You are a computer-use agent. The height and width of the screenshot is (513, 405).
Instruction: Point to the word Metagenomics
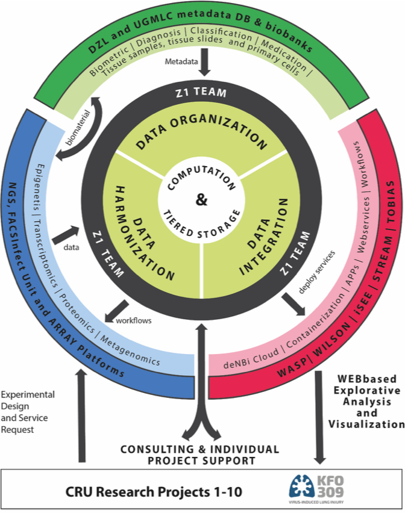(x=131, y=350)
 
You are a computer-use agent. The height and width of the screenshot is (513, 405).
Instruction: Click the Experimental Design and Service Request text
(x=27, y=412)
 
